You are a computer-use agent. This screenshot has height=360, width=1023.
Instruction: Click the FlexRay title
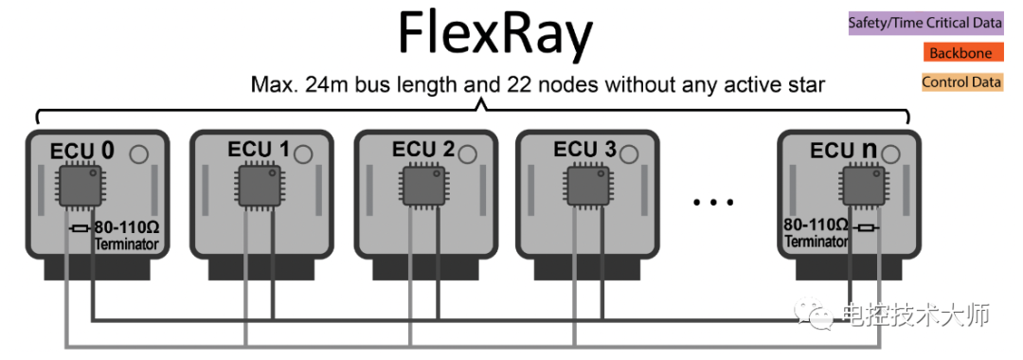(495, 36)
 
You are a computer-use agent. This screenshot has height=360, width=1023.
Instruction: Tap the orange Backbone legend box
(960, 53)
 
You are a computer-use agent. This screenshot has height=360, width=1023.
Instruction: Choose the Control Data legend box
(961, 82)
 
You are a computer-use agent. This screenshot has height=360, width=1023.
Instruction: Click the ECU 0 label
(81, 151)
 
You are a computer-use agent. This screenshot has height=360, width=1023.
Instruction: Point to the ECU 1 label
(259, 150)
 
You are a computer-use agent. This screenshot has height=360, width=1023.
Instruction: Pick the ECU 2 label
(422, 150)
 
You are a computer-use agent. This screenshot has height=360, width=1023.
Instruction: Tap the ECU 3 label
(584, 150)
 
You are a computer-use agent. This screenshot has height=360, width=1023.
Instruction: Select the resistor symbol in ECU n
(864, 228)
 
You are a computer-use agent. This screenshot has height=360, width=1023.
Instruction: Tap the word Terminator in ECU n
(817, 243)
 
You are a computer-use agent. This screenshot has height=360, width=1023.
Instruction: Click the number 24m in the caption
(327, 85)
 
